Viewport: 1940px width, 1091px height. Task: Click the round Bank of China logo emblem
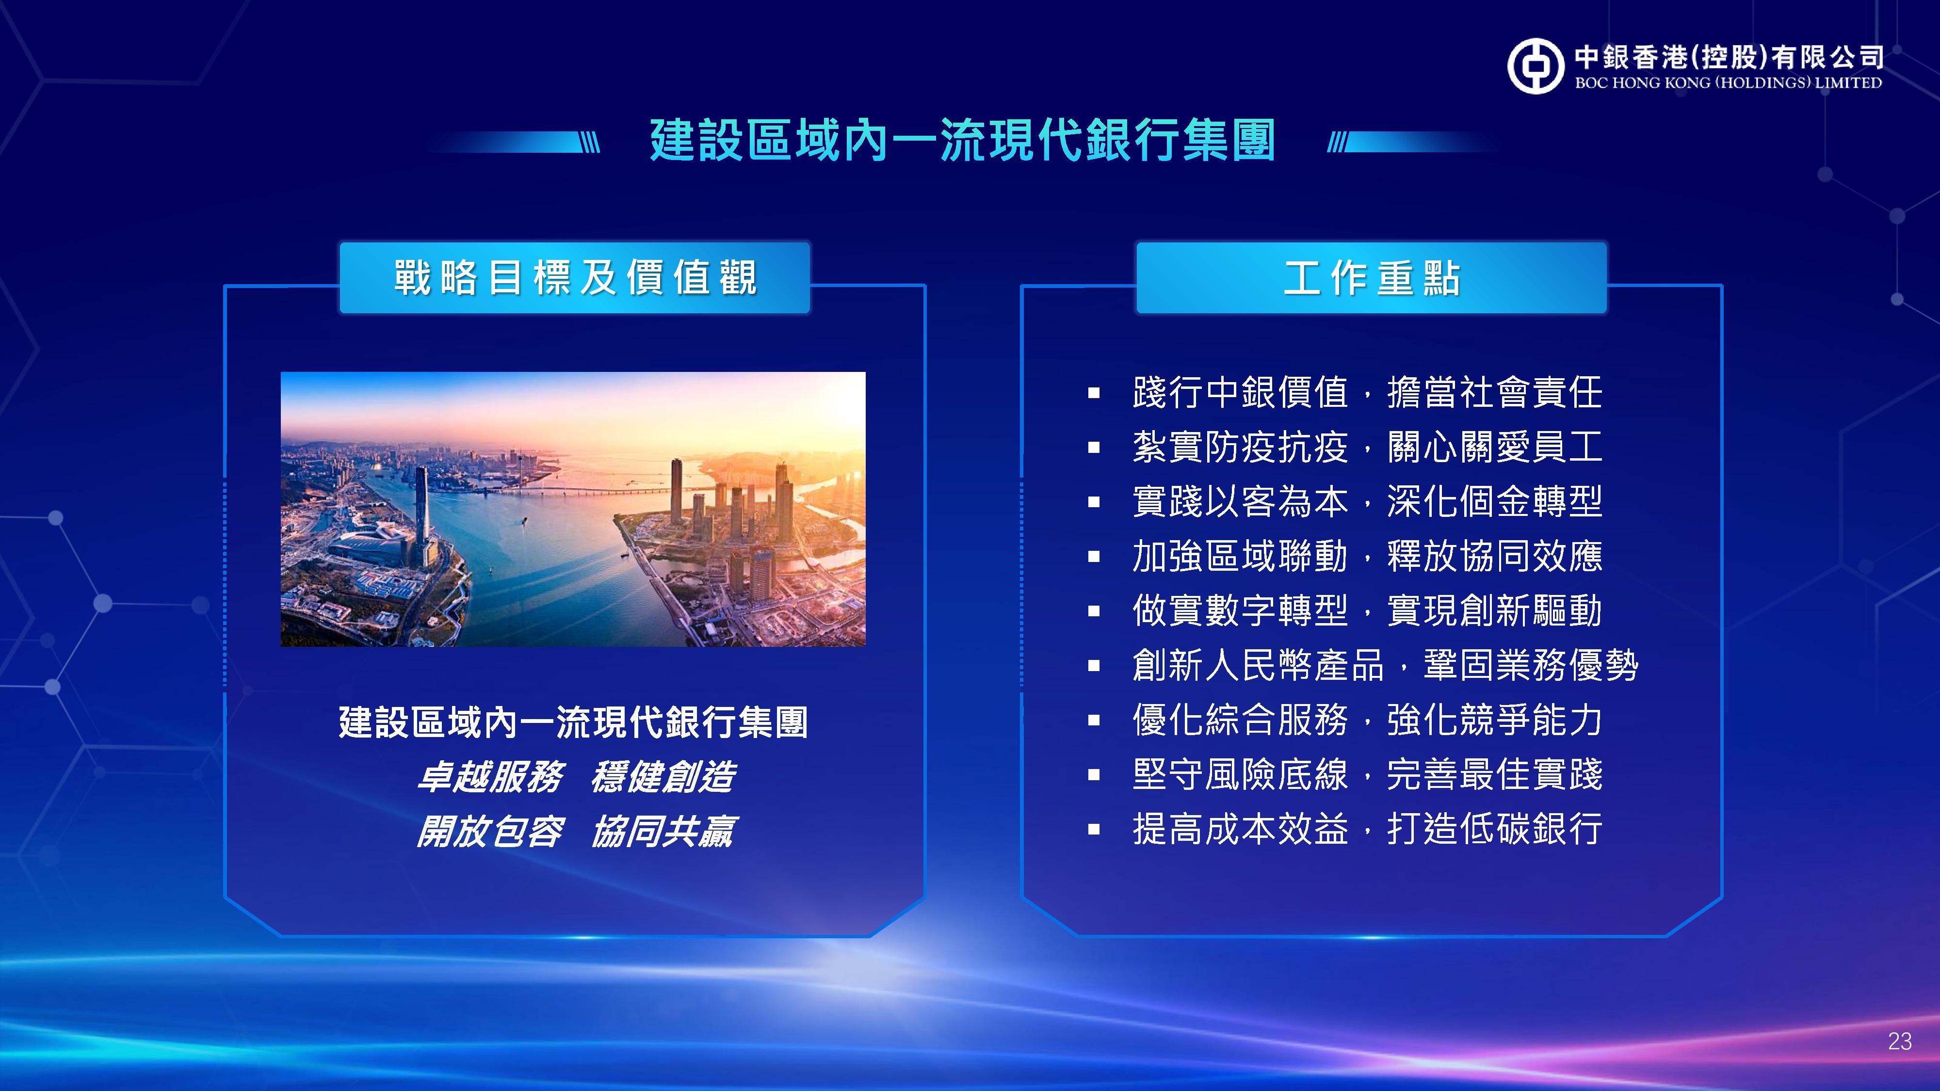pos(1536,66)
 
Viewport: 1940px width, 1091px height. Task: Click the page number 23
pos(1899,1042)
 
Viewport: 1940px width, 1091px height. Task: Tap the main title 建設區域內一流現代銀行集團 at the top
pos(962,141)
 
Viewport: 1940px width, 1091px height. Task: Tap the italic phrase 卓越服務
pos(490,777)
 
